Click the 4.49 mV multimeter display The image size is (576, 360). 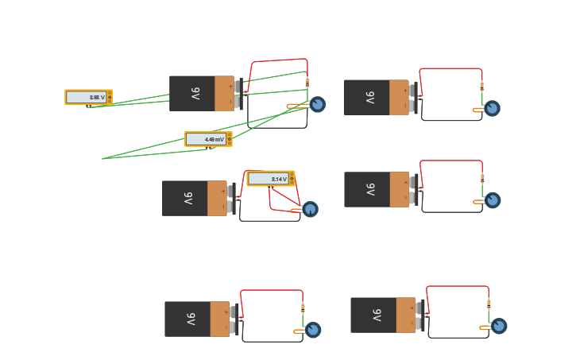[x=207, y=139]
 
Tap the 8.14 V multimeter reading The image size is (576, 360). [x=269, y=179]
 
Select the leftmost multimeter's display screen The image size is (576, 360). [x=86, y=97]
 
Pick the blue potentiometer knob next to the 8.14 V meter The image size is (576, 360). [x=311, y=209]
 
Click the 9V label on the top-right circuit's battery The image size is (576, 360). [x=370, y=98]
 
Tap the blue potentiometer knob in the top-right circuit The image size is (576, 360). [x=492, y=108]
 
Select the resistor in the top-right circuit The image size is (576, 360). [x=481, y=87]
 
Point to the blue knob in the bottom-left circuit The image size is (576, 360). [x=313, y=330]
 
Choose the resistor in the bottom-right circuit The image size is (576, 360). [x=489, y=304]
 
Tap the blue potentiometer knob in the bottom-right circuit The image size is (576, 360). [x=499, y=326]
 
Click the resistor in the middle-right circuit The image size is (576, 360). [x=482, y=178]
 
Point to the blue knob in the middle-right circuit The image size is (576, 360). [x=493, y=200]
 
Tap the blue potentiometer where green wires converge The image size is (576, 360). [x=318, y=104]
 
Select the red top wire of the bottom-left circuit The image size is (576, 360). [x=272, y=290]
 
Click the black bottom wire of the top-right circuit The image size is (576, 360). [x=451, y=121]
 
